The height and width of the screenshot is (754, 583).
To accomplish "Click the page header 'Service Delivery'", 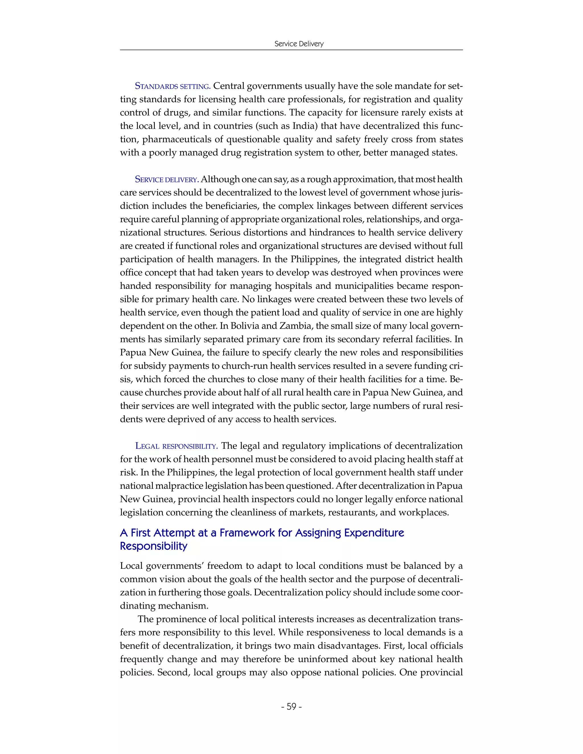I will point(299,44).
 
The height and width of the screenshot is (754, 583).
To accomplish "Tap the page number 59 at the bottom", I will point(291,707).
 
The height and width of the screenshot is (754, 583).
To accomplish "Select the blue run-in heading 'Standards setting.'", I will point(173,86).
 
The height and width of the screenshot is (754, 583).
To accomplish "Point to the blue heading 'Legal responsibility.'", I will point(176,446).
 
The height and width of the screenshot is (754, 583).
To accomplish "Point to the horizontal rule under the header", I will point(291,50).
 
